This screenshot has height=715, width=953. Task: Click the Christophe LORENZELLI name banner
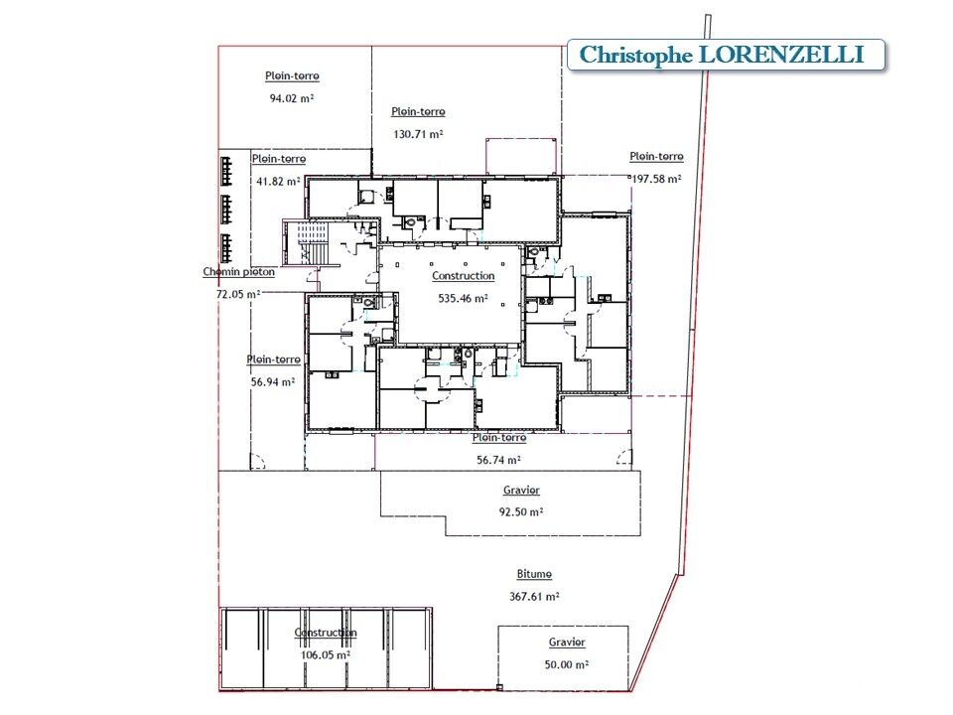pyautogui.click(x=726, y=55)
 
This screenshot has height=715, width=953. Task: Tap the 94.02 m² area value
pyautogui.click(x=292, y=98)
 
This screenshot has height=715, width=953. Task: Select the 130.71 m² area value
pyautogui.click(x=418, y=134)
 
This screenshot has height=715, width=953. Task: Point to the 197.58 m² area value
pyautogui.click(x=656, y=179)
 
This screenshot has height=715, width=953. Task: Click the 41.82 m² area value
pyautogui.click(x=278, y=181)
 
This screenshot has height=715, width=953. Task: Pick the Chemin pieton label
pyautogui.click(x=239, y=272)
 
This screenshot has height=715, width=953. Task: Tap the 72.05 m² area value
pyautogui.click(x=238, y=294)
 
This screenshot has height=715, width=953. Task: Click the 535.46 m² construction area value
pyautogui.click(x=464, y=299)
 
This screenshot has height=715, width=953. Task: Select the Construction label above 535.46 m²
pyautogui.click(x=464, y=276)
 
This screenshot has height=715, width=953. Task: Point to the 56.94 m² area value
pyautogui.click(x=273, y=381)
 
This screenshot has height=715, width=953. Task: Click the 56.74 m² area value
pyautogui.click(x=498, y=460)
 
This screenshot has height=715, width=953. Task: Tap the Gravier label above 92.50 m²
pyautogui.click(x=521, y=490)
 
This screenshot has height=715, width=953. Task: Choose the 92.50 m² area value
pyautogui.click(x=521, y=512)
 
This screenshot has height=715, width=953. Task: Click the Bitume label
pyautogui.click(x=534, y=574)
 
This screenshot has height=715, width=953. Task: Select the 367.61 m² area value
pyautogui.click(x=534, y=597)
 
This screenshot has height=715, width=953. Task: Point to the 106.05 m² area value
pyautogui.click(x=326, y=654)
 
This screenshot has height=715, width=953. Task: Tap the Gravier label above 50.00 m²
pyautogui.click(x=567, y=643)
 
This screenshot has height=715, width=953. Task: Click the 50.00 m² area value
pyautogui.click(x=567, y=664)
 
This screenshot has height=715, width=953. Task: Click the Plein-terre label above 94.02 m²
pyautogui.click(x=292, y=76)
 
